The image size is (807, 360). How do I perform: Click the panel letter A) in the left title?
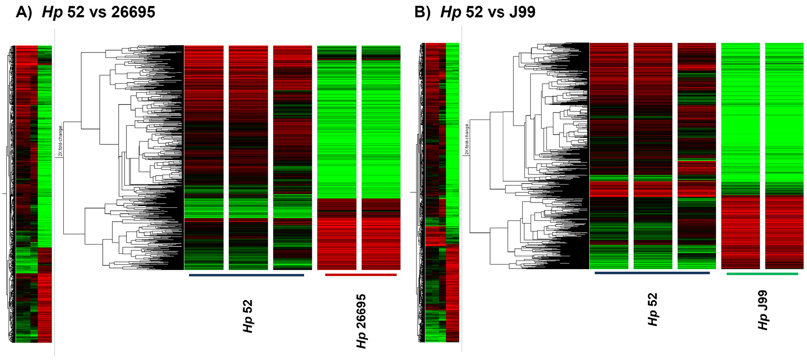(x=24, y=12)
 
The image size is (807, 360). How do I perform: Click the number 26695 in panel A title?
(x=133, y=12)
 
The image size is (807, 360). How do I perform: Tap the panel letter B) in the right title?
(x=422, y=12)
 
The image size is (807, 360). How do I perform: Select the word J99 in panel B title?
(x=522, y=12)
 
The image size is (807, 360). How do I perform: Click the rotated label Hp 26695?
(x=361, y=321)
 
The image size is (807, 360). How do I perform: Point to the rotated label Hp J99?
(x=763, y=310)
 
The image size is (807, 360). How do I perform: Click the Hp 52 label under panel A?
(x=248, y=316)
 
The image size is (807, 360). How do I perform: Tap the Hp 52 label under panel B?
(x=652, y=310)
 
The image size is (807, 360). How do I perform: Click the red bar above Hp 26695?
(x=361, y=275)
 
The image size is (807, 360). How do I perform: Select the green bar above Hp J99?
(x=762, y=274)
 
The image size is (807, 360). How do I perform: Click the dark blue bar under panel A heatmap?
(x=246, y=275)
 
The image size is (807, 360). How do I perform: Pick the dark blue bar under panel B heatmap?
(x=652, y=273)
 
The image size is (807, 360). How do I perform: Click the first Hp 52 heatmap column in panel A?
(x=204, y=157)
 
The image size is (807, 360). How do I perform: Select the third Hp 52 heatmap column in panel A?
(x=292, y=157)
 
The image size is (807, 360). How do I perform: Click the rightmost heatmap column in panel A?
(x=381, y=157)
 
